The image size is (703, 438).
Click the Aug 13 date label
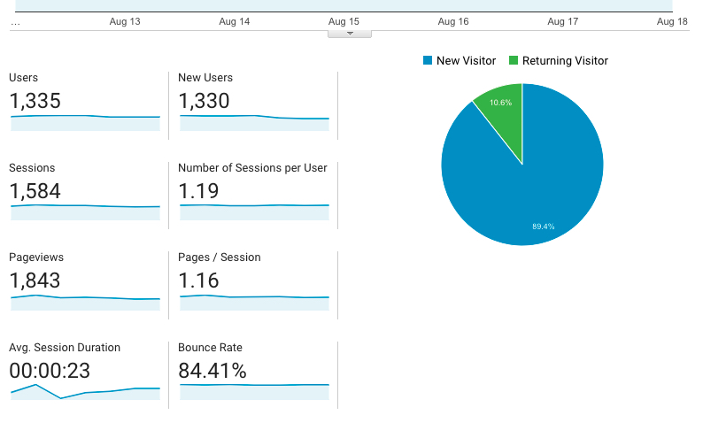125,21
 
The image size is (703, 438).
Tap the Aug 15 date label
344,21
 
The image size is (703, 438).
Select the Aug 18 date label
672,21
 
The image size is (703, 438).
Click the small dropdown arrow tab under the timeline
350,34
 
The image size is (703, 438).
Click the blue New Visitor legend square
428,60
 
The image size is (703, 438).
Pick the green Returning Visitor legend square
514,60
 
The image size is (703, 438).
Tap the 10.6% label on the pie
500,103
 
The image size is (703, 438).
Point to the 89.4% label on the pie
544,227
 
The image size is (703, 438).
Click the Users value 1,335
35,101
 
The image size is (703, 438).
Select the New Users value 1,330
204,101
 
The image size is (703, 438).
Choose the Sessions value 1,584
35,191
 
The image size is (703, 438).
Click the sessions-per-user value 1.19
198,191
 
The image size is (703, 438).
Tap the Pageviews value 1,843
35,280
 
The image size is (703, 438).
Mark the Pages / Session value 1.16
198,280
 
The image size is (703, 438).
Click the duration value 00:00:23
50,371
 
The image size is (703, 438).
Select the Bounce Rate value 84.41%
212,371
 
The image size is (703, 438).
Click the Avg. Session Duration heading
65,348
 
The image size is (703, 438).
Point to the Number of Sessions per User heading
252,168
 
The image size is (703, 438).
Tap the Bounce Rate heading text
210,348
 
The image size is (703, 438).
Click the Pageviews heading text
36,257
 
